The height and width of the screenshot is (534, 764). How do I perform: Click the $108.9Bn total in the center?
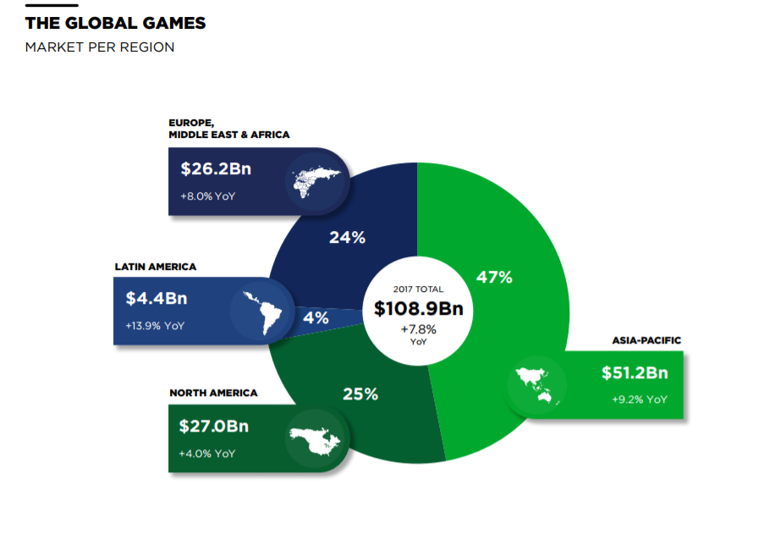click(420, 309)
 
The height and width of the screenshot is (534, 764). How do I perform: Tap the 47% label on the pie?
click(494, 277)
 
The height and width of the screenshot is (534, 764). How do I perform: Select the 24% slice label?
click(347, 238)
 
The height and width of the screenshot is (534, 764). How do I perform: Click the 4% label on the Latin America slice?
click(316, 318)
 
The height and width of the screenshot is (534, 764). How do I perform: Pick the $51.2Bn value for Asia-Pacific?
click(635, 373)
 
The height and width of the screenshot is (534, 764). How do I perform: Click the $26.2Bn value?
click(216, 169)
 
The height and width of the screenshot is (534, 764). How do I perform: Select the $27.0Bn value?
click(214, 426)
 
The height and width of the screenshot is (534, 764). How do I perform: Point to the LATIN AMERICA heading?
click(156, 267)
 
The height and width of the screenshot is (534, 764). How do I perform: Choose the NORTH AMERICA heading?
click(213, 393)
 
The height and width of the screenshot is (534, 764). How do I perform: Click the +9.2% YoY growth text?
click(640, 399)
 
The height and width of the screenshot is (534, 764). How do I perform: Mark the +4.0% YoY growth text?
click(207, 454)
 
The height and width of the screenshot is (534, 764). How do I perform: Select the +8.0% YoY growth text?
click(208, 196)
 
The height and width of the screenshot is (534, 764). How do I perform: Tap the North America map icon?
click(315, 438)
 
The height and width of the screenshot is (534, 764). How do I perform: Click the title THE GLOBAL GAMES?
click(115, 23)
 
